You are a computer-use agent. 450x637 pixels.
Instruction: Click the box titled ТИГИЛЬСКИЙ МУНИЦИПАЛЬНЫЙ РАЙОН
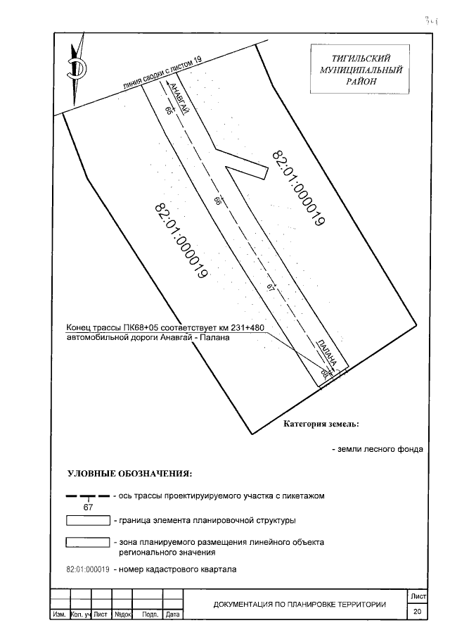pyautogui.click(x=361, y=70)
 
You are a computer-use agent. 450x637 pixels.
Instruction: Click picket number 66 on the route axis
pyautogui.click(x=219, y=201)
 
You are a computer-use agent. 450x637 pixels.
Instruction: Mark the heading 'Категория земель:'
pyautogui.click(x=321, y=424)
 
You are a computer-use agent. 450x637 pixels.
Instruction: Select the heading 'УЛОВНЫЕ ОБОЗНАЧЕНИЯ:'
pyautogui.click(x=129, y=472)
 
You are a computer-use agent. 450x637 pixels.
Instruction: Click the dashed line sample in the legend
pyautogui.click(x=87, y=496)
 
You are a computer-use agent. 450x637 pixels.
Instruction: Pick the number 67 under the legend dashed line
pyautogui.click(x=89, y=507)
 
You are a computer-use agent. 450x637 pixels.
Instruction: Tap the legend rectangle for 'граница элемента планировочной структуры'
pyautogui.click(x=87, y=521)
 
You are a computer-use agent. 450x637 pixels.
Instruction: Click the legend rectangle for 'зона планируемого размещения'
pyautogui.click(x=87, y=543)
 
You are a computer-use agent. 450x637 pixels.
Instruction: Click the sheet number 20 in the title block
pyautogui.click(x=417, y=612)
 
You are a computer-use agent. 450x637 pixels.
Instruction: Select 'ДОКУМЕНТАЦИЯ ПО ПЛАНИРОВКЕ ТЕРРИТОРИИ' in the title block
pyautogui.click(x=300, y=604)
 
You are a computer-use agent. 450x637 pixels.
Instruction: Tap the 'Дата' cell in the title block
pyautogui.click(x=172, y=615)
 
